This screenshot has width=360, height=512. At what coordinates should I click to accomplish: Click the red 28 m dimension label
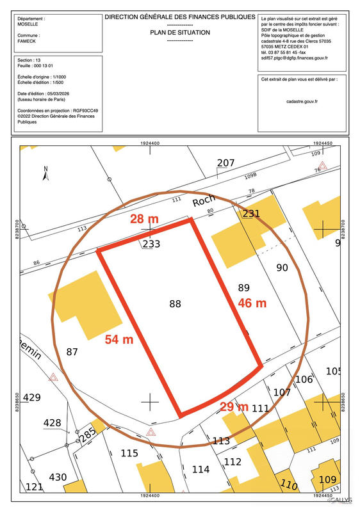coord(144,220)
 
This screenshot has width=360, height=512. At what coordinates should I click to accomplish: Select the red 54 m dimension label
coord(119,340)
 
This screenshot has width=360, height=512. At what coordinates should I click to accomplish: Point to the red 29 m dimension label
coord(234,406)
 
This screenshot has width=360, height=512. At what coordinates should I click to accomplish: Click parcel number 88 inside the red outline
coord(176,304)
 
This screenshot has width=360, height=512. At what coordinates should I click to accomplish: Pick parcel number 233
coord(151,244)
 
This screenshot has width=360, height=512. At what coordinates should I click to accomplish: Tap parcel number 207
coord(225,163)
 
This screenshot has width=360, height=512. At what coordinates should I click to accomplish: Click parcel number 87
coord(72,351)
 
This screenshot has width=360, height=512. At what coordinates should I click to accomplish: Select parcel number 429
coord(31,397)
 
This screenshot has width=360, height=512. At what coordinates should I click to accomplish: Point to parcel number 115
coord(129,453)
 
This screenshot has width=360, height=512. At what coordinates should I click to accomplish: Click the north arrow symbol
coord(45,173)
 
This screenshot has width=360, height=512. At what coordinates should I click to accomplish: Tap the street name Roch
coord(204,201)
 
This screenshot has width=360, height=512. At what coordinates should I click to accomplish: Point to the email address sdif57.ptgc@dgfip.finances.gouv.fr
coord(294,58)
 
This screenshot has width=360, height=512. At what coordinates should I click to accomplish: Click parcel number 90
coord(282,267)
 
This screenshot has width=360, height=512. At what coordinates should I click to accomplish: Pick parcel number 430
coord(58,477)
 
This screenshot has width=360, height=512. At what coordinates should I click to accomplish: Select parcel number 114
coord(200,469)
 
